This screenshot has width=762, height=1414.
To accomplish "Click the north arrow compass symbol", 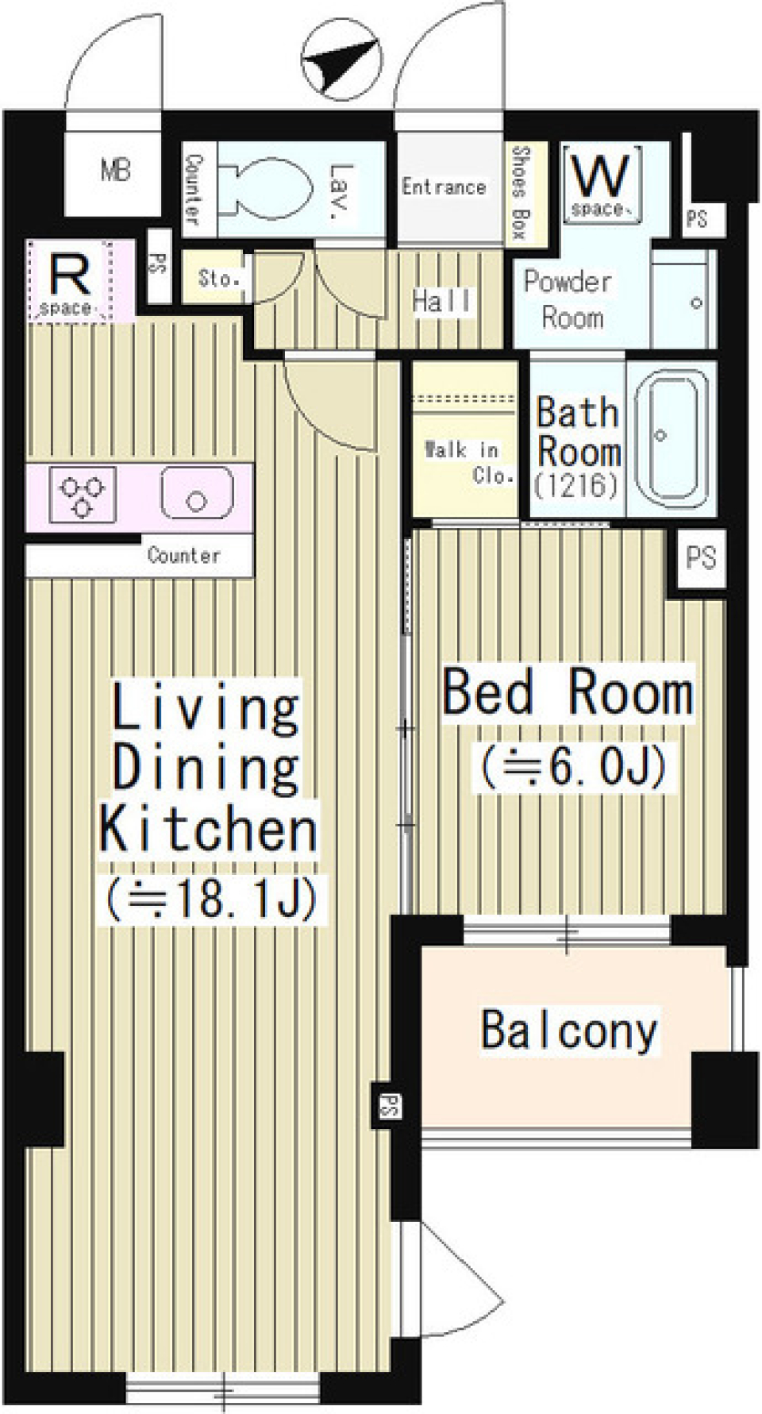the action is click(342, 58).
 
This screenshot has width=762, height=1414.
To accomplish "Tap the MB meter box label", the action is click(116, 169).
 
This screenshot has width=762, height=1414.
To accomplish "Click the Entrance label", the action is click(443, 187).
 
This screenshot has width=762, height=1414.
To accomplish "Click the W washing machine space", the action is click(601, 184).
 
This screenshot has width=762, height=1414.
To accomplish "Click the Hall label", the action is click(443, 300).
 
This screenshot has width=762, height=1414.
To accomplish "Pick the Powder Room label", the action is click(568, 299).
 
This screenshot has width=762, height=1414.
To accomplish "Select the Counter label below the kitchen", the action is click(183, 555).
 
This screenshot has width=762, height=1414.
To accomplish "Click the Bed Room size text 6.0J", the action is click(572, 767).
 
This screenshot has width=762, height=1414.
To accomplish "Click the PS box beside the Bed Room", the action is click(700, 558).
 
